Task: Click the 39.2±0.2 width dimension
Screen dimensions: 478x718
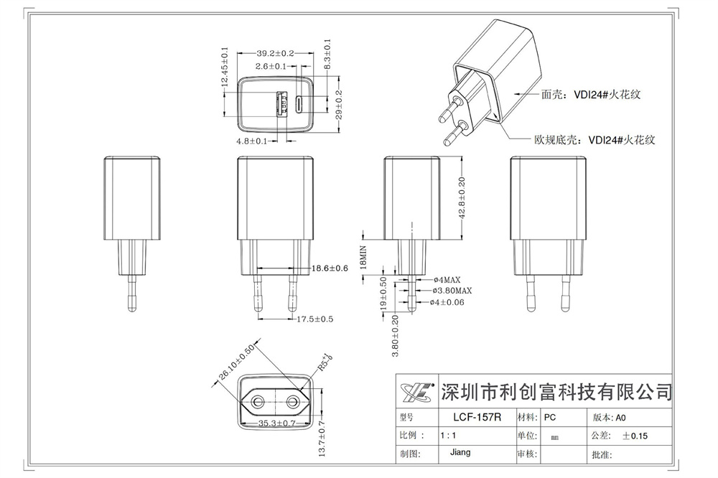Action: pyautogui.click(x=275, y=53)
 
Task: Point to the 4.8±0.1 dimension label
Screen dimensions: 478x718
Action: pyautogui.click(x=251, y=141)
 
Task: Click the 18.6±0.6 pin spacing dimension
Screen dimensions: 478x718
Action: pyautogui.click(x=330, y=268)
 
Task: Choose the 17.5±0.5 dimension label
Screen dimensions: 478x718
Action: pyautogui.click(x=315, y=319)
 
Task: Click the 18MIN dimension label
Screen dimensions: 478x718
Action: pyautogui.click(x=364, y=256)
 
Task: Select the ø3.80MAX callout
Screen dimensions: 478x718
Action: pyautogui.click(x=452, y=290)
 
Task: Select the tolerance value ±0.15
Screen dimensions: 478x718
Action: pyautogui.click(x=635, y=436)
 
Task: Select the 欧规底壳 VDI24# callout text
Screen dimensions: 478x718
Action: pyautogui.click(x=595, y=141)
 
